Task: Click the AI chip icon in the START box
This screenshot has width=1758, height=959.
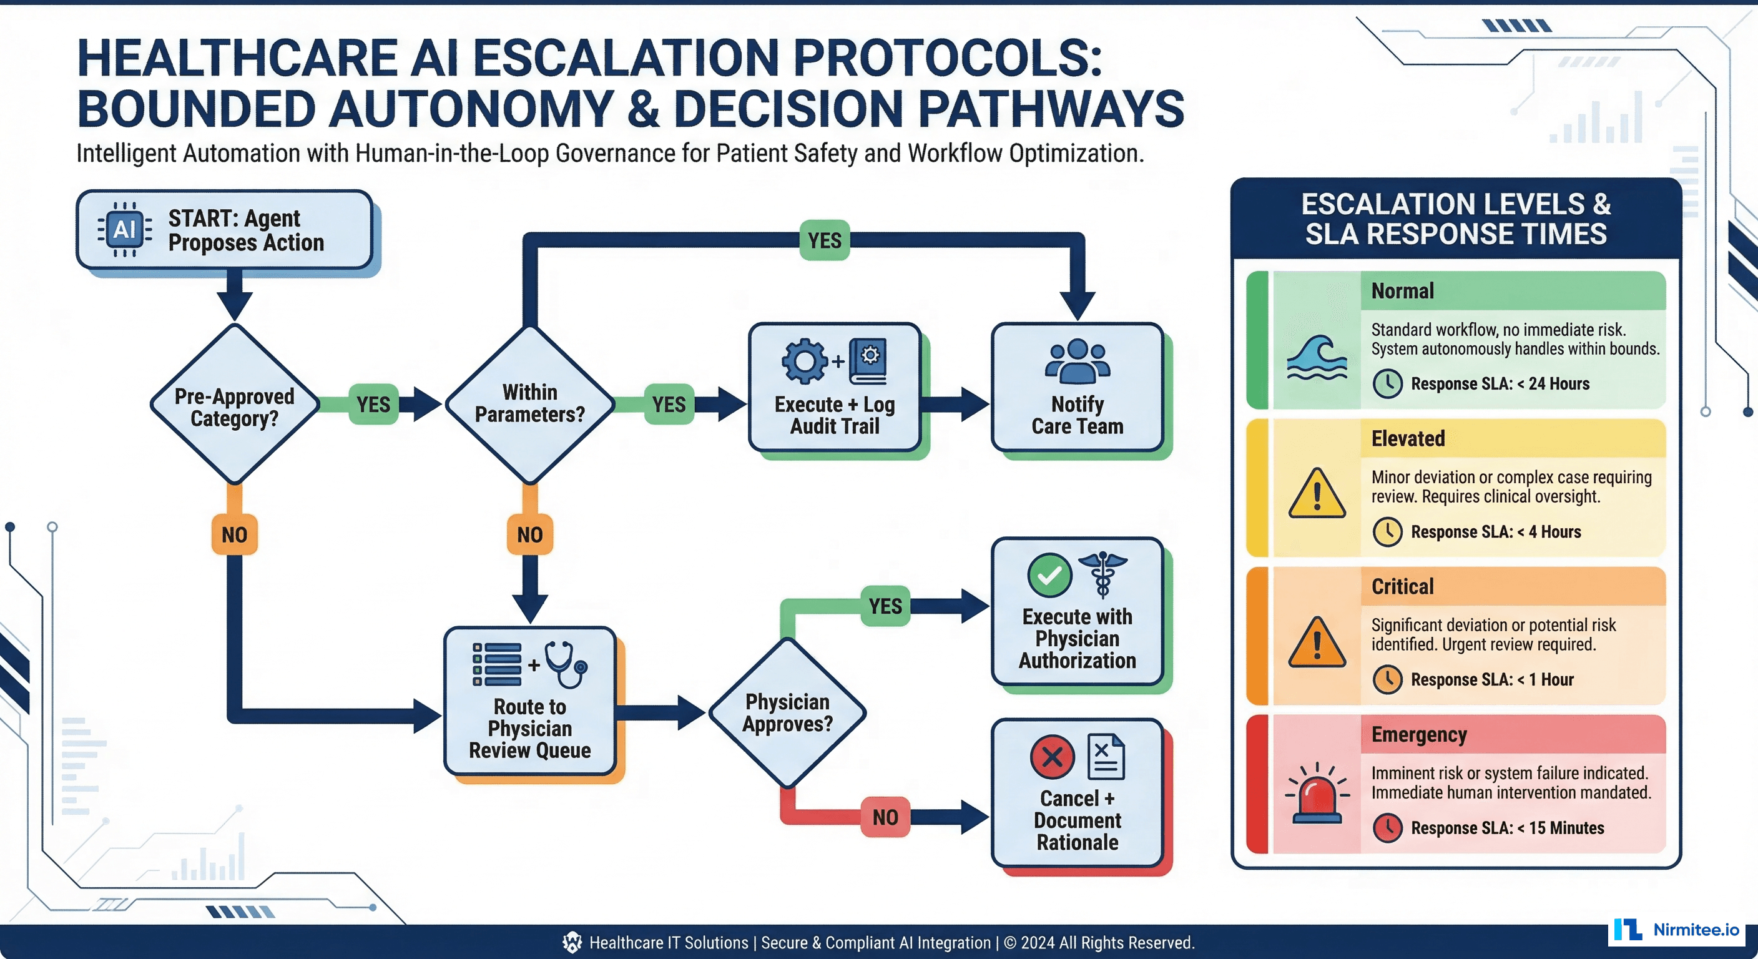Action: coord(124,229)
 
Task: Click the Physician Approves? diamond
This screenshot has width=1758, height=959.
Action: coord(788,712)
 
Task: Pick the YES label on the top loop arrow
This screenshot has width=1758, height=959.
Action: coord(825,240)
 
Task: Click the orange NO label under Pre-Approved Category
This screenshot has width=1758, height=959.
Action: coord(234,534)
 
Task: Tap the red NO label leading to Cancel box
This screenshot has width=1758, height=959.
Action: coord(885,817)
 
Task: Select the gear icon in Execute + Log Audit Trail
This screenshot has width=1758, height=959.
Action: coord(805,360)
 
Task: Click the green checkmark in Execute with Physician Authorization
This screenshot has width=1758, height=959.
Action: coord(1049,575)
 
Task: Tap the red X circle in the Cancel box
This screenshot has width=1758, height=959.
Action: coord(1052,756)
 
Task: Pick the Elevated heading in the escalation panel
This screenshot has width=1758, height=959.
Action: coord(1408,438)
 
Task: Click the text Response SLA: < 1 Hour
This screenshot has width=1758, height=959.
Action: coord(1492,680)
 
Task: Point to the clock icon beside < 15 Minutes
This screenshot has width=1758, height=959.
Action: coord(1387,828)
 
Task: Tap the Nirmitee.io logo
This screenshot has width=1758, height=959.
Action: coord(1676,930)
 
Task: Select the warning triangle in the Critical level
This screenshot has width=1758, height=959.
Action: coord(1317,643)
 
